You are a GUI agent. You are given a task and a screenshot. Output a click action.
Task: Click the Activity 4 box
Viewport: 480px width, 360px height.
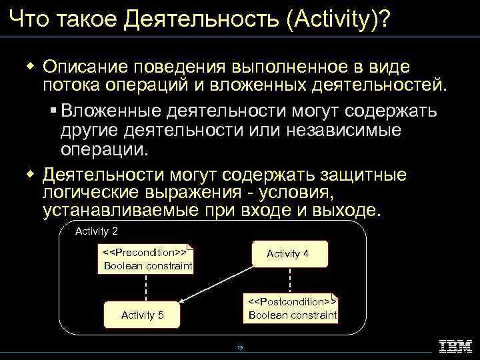click(x=289, y=254)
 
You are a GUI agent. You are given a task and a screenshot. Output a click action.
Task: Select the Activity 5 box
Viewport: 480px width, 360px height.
click(x=142, y=315)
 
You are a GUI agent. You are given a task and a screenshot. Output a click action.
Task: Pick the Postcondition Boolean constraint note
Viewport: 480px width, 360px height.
click(x=293, y=308)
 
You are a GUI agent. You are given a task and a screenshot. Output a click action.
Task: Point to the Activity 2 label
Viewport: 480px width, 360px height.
click(x=97, y=231)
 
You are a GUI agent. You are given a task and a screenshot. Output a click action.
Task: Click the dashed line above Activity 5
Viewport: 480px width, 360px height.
click(x=146, y=288)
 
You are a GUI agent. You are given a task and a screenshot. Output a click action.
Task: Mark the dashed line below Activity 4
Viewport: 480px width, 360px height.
click(x=290, y=280)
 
